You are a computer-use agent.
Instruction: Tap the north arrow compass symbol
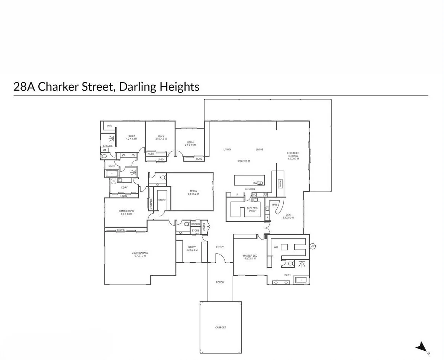pyautogui.click(x=422, y=347)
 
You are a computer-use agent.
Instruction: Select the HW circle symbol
pyautogui.click(x=312, y=246)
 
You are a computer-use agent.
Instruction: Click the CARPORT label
pyautogui.click(x=221, y=328)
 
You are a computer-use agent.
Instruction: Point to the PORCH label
pyautogui.click(x=220, y=282)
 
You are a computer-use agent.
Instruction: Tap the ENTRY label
pyautogui.click(x=220, y=247)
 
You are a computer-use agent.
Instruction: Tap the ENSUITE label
pyautogui.click(x=108, y=146)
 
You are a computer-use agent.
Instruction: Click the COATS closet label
pyautogui.click(x=205, y=227)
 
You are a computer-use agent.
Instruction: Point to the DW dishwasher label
pyautogui.click(x=255, y=183)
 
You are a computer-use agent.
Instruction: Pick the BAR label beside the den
pyautogui.click(x=274, y=205)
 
